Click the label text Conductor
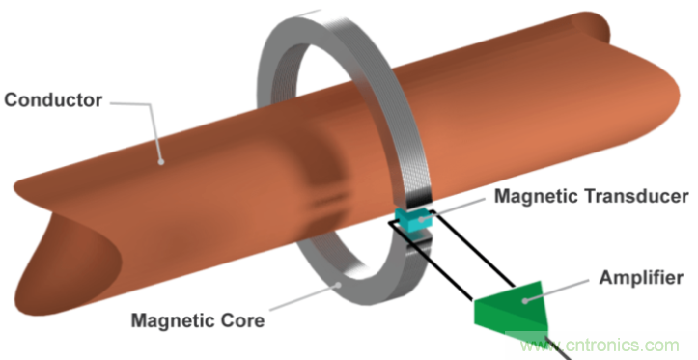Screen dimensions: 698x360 53,100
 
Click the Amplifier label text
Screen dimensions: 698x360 641,278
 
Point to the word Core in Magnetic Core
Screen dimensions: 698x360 242,320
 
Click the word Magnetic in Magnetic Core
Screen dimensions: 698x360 173,320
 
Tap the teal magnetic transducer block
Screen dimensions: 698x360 415,220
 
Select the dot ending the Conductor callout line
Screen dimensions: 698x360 161,162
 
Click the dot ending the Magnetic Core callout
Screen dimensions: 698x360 340,285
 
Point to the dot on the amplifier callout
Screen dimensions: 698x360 525,301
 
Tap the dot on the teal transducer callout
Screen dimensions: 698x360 421,219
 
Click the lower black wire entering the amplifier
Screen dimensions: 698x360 431,261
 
